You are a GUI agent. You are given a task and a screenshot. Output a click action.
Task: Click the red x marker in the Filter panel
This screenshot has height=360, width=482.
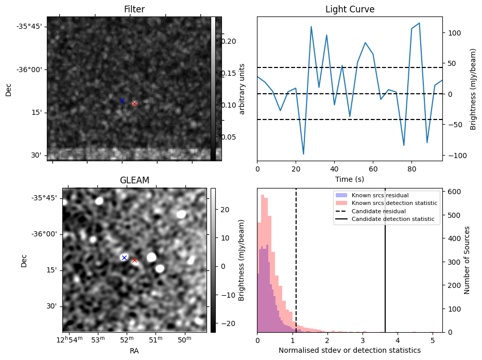click(x=134, y=104)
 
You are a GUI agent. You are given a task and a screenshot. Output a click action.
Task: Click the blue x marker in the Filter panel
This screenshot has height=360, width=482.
click(x=122, y=100)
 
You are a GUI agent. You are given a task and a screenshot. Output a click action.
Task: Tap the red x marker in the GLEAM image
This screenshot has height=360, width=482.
click(x=134, y=260)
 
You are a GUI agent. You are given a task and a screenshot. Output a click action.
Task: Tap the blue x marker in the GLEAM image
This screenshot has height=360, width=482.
click(x=124, y=258)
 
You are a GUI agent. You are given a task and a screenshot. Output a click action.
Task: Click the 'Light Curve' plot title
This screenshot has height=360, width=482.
click(x=350, y=10)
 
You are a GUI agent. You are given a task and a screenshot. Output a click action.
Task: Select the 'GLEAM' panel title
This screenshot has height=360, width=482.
click(x=134, y=180)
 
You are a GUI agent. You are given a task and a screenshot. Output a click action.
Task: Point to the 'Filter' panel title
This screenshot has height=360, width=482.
click(x=134, y=10)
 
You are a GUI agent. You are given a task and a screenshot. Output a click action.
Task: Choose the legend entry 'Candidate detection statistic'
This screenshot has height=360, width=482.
click(x=392, y=219)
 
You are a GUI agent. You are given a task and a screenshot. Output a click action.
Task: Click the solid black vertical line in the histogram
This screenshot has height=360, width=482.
click(x=385, y=268)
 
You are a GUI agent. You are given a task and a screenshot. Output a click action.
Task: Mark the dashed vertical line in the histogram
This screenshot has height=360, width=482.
click(x=296, y=268)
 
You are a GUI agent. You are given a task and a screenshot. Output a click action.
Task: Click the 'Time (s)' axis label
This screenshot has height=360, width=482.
click(x=350, y=179)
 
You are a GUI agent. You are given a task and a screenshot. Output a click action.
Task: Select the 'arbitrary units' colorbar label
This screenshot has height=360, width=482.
click(x=242, y=89)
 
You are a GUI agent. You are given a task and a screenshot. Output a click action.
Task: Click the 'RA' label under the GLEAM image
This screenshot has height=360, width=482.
click(x=134, y=351)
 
